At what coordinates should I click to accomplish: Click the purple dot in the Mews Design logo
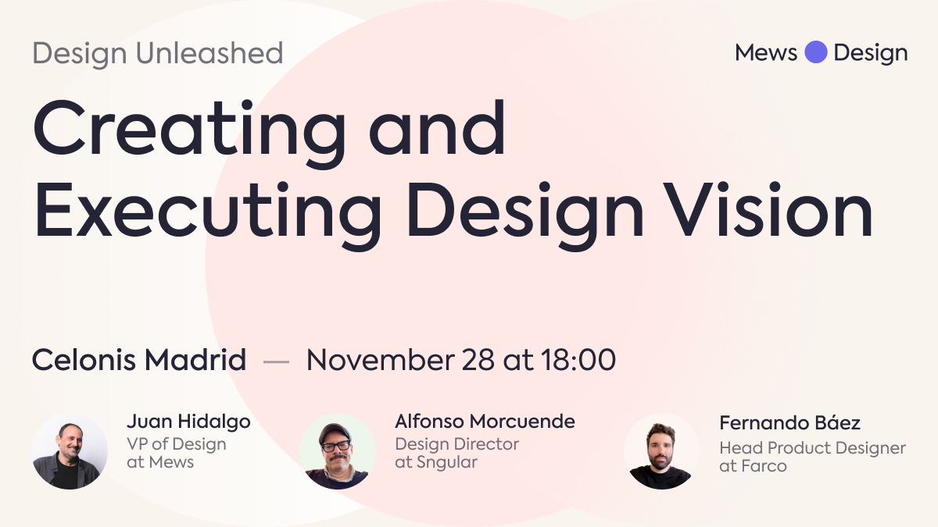pyautogui.click(x=816, y=52)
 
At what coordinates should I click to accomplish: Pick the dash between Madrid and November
pyautogui.click(x=276, y=361)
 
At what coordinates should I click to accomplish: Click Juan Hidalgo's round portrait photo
pyautogui.click(x=70, y=450)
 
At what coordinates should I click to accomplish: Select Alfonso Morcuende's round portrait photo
pyautogui.click(x=338, y=450)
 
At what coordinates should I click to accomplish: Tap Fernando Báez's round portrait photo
pyautogui.click(x=661, y=450)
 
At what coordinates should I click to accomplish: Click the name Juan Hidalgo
pyautogui.click(x=188, y=422)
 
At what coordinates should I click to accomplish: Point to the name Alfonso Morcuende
pyautogui.click(x=485, y=422)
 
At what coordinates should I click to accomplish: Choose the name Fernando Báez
pyautogui.click(x=789, y=424)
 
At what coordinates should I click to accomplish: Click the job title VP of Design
pyautogui.click(x=177, y=444)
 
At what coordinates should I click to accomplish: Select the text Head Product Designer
pyautogui.click(x=812, y=448)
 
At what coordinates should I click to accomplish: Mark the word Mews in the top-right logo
pyautogui.click(x=766, y=53)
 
